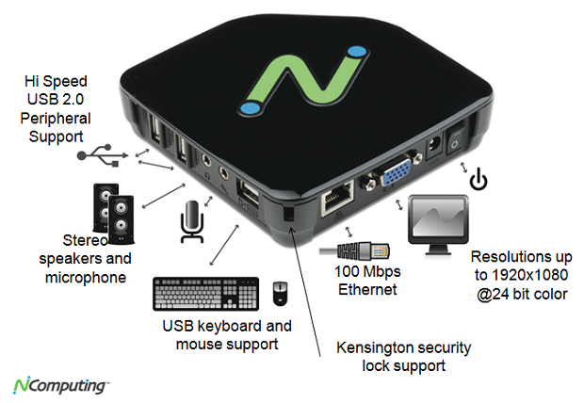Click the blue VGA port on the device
click(396, 171)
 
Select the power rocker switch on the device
click(455, 140)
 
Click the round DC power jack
click(433, 146)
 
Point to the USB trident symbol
click(103, 155)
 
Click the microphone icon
click(192, 222)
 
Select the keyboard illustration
click(206, 294)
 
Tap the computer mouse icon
click(280, 293)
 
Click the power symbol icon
click(479, 179)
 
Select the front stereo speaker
click(122, 219)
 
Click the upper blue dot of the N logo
click(357, 52)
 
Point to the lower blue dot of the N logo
click(250, 108)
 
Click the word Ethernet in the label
click(367, 289)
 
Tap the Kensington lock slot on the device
click(288, 214)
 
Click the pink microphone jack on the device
click(224, 172)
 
